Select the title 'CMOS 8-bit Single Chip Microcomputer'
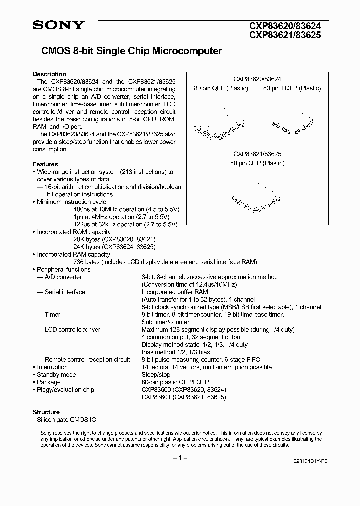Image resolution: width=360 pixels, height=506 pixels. tap(127, 51)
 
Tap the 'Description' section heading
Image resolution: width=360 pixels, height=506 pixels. tap(49, 74)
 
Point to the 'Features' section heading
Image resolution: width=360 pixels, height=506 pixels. tap(45, 164)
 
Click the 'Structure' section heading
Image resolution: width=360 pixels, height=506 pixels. tap(46, 412)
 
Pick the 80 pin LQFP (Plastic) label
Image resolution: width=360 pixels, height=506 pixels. tap(292, 88)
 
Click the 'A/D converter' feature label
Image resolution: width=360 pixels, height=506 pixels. tap(63, 277)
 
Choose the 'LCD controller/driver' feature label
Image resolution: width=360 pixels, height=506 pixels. tap(72, 330)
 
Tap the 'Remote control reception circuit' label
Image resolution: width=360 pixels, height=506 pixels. tap(87, 360)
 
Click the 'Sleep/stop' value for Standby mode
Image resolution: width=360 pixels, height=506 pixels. tap(156, 375)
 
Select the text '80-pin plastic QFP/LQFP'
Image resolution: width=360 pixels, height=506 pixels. tap(175, 382)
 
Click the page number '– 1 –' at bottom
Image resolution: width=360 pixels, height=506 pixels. tap(180, 458)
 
